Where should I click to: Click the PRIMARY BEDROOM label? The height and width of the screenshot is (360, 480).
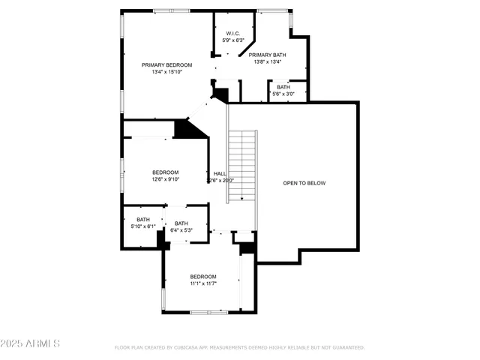[167, 65]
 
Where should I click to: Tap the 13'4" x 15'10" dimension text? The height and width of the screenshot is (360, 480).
[167, 72]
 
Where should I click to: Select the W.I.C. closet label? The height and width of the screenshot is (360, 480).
[232, 33]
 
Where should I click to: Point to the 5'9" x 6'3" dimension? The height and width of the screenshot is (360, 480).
[232, 40]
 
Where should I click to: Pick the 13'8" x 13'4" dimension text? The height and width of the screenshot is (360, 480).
[265, 61]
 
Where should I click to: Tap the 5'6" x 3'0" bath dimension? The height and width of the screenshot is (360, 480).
[283, 94]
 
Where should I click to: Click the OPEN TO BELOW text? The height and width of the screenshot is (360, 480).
[304, 183]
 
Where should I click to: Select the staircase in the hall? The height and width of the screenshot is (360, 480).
[242, 165]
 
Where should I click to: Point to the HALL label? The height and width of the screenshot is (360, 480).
[220, 173]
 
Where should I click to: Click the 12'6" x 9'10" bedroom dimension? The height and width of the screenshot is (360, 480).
[165, 179]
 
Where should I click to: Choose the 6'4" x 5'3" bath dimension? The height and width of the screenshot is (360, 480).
[181, 230]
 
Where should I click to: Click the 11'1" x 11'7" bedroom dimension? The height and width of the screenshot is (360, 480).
[202, 283]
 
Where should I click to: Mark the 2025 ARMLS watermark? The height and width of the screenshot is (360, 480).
[31, 343]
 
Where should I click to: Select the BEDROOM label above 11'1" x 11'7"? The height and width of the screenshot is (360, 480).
[202, 277]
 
